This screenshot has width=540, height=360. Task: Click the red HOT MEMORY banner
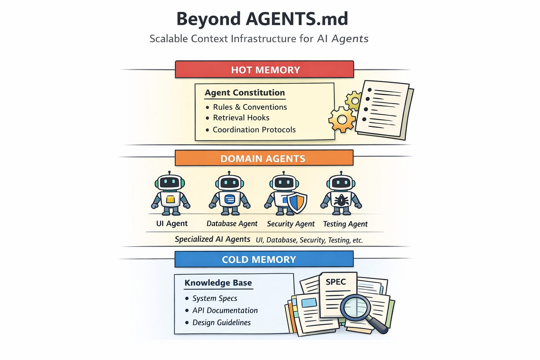[x=264, y=70]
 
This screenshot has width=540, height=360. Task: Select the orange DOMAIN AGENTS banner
[x=264, y=158]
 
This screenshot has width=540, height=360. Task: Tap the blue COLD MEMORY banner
[x=264, y=259]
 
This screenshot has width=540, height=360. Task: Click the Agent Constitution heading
[x=245, y=93]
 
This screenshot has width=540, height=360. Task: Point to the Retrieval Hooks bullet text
[x=241, y=118]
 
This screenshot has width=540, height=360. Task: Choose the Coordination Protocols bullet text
[x=254, y=130]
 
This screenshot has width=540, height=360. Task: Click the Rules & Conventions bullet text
[x=250, y=107]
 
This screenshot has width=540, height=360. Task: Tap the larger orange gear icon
[x=342, y=120]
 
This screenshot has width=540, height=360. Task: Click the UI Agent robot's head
[x=170, y=182]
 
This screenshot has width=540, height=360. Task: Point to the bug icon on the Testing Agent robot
[x=341, y=201]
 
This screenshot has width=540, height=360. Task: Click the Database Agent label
[x=232, y=224]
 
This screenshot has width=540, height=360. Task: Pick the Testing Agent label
[x=345, y=224]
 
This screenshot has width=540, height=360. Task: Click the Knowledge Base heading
[x=218, y=283]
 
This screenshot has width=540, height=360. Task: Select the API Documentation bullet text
[x=225, y=310]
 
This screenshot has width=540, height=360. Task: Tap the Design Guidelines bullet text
[x=221, y=323]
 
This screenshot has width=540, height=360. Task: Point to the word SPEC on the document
[x=336, y=282]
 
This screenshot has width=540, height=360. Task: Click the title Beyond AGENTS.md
[x=262, y=19]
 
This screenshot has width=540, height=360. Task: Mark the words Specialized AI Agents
[x=212, y=239]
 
